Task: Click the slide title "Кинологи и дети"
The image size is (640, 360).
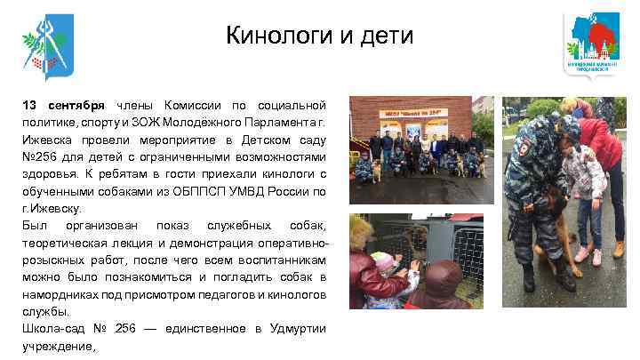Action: coord(319,36)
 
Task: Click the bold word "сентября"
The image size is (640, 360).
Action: coord(77,106)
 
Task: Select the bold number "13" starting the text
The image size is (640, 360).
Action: coord(31,106)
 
